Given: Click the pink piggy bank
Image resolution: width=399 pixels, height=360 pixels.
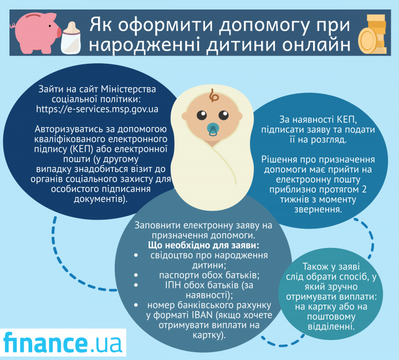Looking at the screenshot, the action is (35, 33).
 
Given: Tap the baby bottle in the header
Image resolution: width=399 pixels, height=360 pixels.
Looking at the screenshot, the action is (71, 38).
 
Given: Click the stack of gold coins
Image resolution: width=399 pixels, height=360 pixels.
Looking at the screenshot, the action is (372, 34).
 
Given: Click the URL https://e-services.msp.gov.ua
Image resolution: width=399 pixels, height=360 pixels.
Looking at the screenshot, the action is (97, 109).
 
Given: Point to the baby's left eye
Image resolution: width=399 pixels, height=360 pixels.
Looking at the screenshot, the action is (224, 115).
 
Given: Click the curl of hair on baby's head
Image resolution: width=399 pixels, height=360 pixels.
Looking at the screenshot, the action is (213, 95).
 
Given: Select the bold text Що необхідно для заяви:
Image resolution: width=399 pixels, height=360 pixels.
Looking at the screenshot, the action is (203, 245).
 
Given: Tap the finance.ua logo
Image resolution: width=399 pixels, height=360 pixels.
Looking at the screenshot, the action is (63, 342).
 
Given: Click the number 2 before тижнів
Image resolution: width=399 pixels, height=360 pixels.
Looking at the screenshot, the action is (364, 190).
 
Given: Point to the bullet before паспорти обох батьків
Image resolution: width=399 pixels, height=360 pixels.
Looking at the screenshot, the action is (136, 275).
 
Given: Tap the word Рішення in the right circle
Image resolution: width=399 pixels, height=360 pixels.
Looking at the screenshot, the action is (279, 159).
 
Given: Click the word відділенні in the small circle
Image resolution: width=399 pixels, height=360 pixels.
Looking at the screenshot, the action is (331, 327).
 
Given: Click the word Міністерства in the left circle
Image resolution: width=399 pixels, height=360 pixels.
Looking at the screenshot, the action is (129, 89).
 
